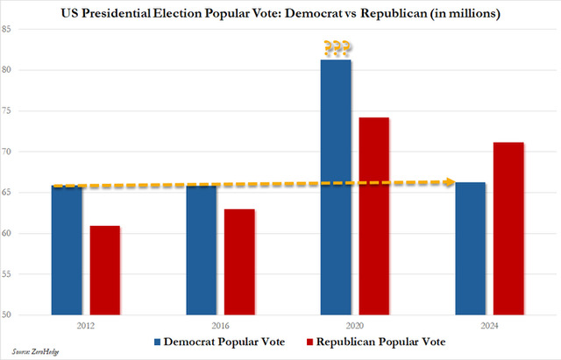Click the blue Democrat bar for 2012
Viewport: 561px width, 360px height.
pyautogui.click(x=67, y=250)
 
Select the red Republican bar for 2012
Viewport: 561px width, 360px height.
pyautogui.click(x=105, y=271)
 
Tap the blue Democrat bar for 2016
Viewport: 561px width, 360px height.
pyautogui.click(x=202, y=250)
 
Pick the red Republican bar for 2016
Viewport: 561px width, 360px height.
pyautogui.click(x=239, y=262)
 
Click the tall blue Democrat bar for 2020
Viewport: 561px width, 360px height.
pyautogui.click(x=336, y=187)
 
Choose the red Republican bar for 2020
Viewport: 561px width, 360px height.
pyautogui.click(x=374, y=216)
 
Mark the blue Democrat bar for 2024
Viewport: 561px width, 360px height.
pyautogui.click(x=471, y=249)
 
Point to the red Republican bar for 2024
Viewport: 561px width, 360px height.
pyautogui.click(x=508, y=229)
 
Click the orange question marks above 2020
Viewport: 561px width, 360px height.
pyautogui.click(x=337, y=48)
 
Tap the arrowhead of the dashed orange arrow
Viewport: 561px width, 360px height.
pyautogui.click(x=450, y=182)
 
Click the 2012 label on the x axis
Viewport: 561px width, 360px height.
pyautogui.click(x=86, y=326)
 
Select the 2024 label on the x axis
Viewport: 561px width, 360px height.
pyautogui.click(x=489, y=326)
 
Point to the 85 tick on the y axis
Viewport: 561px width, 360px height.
pyautogui.click(x=6, y=29)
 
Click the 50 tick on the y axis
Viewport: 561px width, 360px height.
pyautogui.click(x=6, y=314)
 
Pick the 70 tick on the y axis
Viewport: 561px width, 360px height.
pyautogui.click(x=6, y=152)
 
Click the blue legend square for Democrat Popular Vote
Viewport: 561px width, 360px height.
pyautogui.click(x=157, y=342)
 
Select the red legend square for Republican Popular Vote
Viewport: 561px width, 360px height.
pyautogui.click(x=309, y=342)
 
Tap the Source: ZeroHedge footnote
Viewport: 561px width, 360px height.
pyautogui.click(x=35, y=351)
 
